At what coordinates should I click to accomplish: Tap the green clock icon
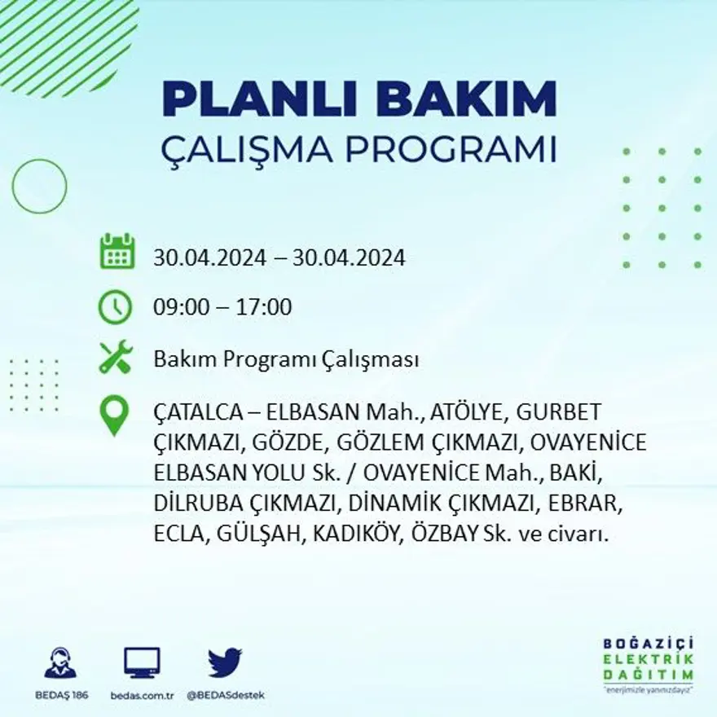pos(115,307)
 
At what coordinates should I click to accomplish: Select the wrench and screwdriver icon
pos(115,358)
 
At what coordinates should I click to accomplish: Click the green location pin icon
pos(114,416)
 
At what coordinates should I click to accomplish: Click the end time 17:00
pos(266,308)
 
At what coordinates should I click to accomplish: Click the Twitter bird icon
pos(224,662)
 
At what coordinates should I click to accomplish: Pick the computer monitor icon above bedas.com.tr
pos(142,662)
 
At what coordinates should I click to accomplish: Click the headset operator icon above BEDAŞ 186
pos(60,662)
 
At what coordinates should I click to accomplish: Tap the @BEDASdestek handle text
pos(226,695)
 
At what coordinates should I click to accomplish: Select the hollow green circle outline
pos(39,187)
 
